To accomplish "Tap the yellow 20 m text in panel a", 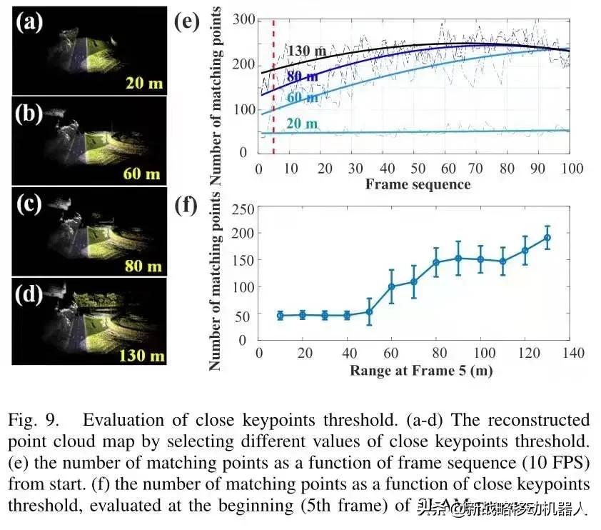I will click(145, 84).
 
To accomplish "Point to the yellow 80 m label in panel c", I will click(143, 266).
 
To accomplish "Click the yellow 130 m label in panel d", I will click(140, 354).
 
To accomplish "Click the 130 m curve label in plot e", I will click(308, 51).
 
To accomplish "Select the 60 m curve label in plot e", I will click(302, 97).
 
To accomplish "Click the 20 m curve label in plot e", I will click(302, 124).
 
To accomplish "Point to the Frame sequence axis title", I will click(418, 184).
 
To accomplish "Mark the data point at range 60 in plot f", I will click(391, 286).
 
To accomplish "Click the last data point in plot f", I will click(547, 238).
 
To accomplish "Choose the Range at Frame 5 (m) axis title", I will click(420, 371).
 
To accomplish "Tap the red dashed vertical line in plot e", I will click(273, 86).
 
